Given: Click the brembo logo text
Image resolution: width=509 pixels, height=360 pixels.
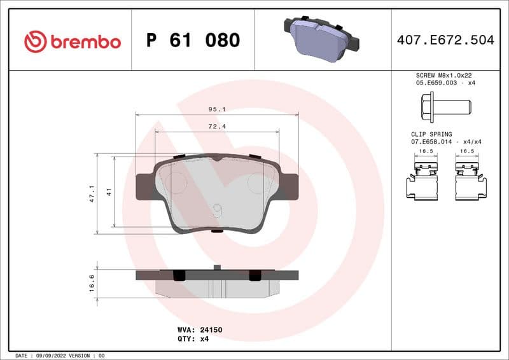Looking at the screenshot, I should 85,42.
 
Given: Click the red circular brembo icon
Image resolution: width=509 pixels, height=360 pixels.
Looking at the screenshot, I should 36,42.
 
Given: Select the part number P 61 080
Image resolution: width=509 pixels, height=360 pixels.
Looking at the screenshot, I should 193,41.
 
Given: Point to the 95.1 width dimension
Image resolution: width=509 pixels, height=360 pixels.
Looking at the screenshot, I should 217,109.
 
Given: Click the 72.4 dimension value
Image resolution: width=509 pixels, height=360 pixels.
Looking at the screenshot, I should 217,127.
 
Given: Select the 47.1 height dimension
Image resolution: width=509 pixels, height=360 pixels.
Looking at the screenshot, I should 91,193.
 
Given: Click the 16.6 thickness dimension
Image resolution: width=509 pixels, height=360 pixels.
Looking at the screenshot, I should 92,282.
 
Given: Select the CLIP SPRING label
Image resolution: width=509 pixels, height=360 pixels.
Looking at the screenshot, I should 431,134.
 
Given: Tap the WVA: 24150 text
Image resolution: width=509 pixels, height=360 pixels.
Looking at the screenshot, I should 199,330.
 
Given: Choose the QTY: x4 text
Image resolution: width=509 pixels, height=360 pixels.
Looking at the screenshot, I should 193,339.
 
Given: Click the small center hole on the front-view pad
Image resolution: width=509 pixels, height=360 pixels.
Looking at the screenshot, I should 217,207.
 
